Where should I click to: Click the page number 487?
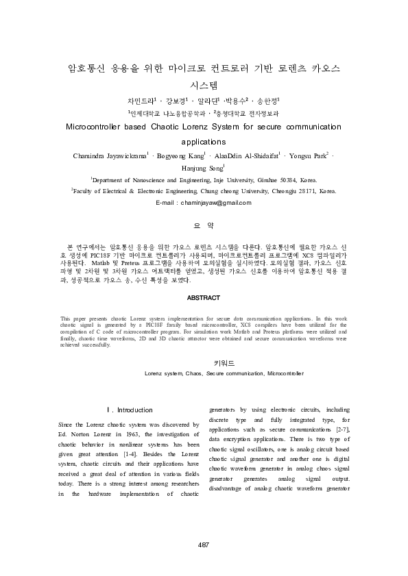[203, 544]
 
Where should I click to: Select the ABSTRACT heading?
[203, 298]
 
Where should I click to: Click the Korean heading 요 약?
[204, 225]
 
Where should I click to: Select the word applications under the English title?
[203, 142]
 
